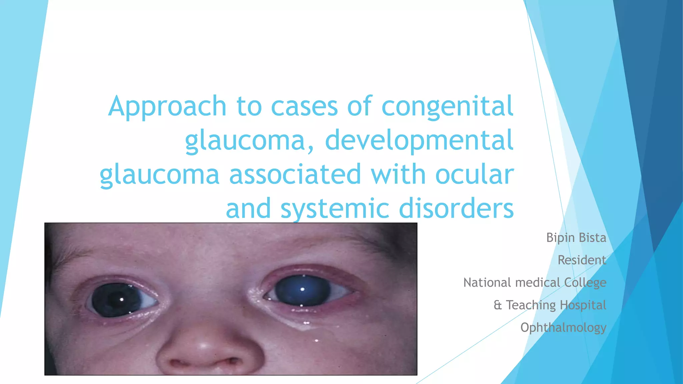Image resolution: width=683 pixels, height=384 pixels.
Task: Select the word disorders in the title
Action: coord(456,209)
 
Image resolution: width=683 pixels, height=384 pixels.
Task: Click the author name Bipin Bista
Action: coord(576,238)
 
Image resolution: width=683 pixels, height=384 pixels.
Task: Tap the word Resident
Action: coord(582,260)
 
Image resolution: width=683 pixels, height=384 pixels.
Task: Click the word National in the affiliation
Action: coord(487,283)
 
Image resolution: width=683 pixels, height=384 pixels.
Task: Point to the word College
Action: coord(585,283)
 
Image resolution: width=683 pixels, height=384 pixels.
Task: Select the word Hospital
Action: coord(583,305)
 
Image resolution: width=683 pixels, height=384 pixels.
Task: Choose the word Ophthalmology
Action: coord(563,328)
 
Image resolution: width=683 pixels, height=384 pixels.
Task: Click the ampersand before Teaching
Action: coord(498,305)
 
